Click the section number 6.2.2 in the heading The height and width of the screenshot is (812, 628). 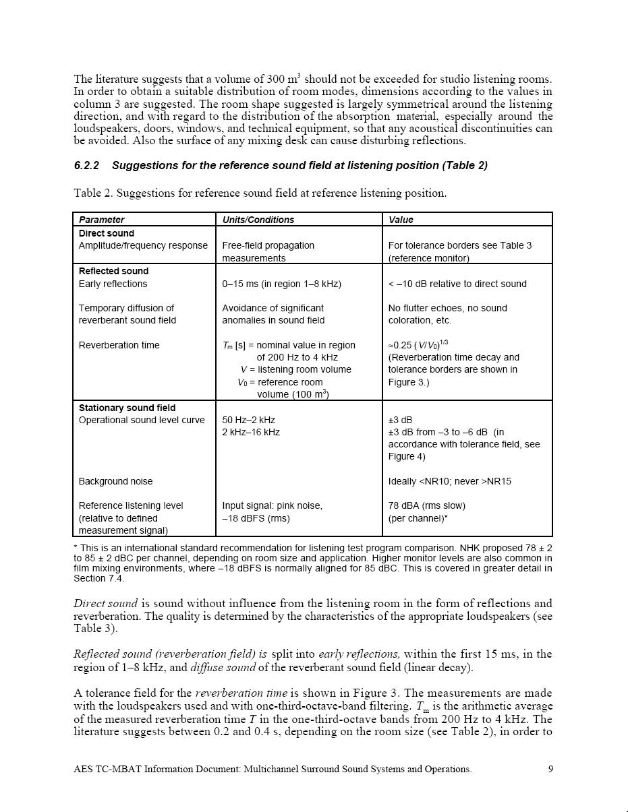coord(86,166)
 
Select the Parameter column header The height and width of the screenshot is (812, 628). coord(102,220)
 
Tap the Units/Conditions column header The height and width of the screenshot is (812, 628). coord(258,220)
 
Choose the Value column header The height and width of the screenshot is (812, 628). coord(401,220)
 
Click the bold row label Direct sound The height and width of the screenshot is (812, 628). coord(107,233)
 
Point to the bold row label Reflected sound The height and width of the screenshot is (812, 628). coord(113,271)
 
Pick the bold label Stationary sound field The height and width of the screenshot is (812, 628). coord(127,408)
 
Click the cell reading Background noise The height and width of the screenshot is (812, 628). coord(115,481)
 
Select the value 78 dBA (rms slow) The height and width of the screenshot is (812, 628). coord(426,505)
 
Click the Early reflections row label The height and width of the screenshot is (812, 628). coord(113,284)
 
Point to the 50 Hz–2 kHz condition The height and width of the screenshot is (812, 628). coord(249,420)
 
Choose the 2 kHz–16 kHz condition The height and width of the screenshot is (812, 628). coord(251,432)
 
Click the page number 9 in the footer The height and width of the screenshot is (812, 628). coord(550,769)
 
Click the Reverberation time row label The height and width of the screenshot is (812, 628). coord(119,345)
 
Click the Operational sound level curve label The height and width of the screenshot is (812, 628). coord(142,420)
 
